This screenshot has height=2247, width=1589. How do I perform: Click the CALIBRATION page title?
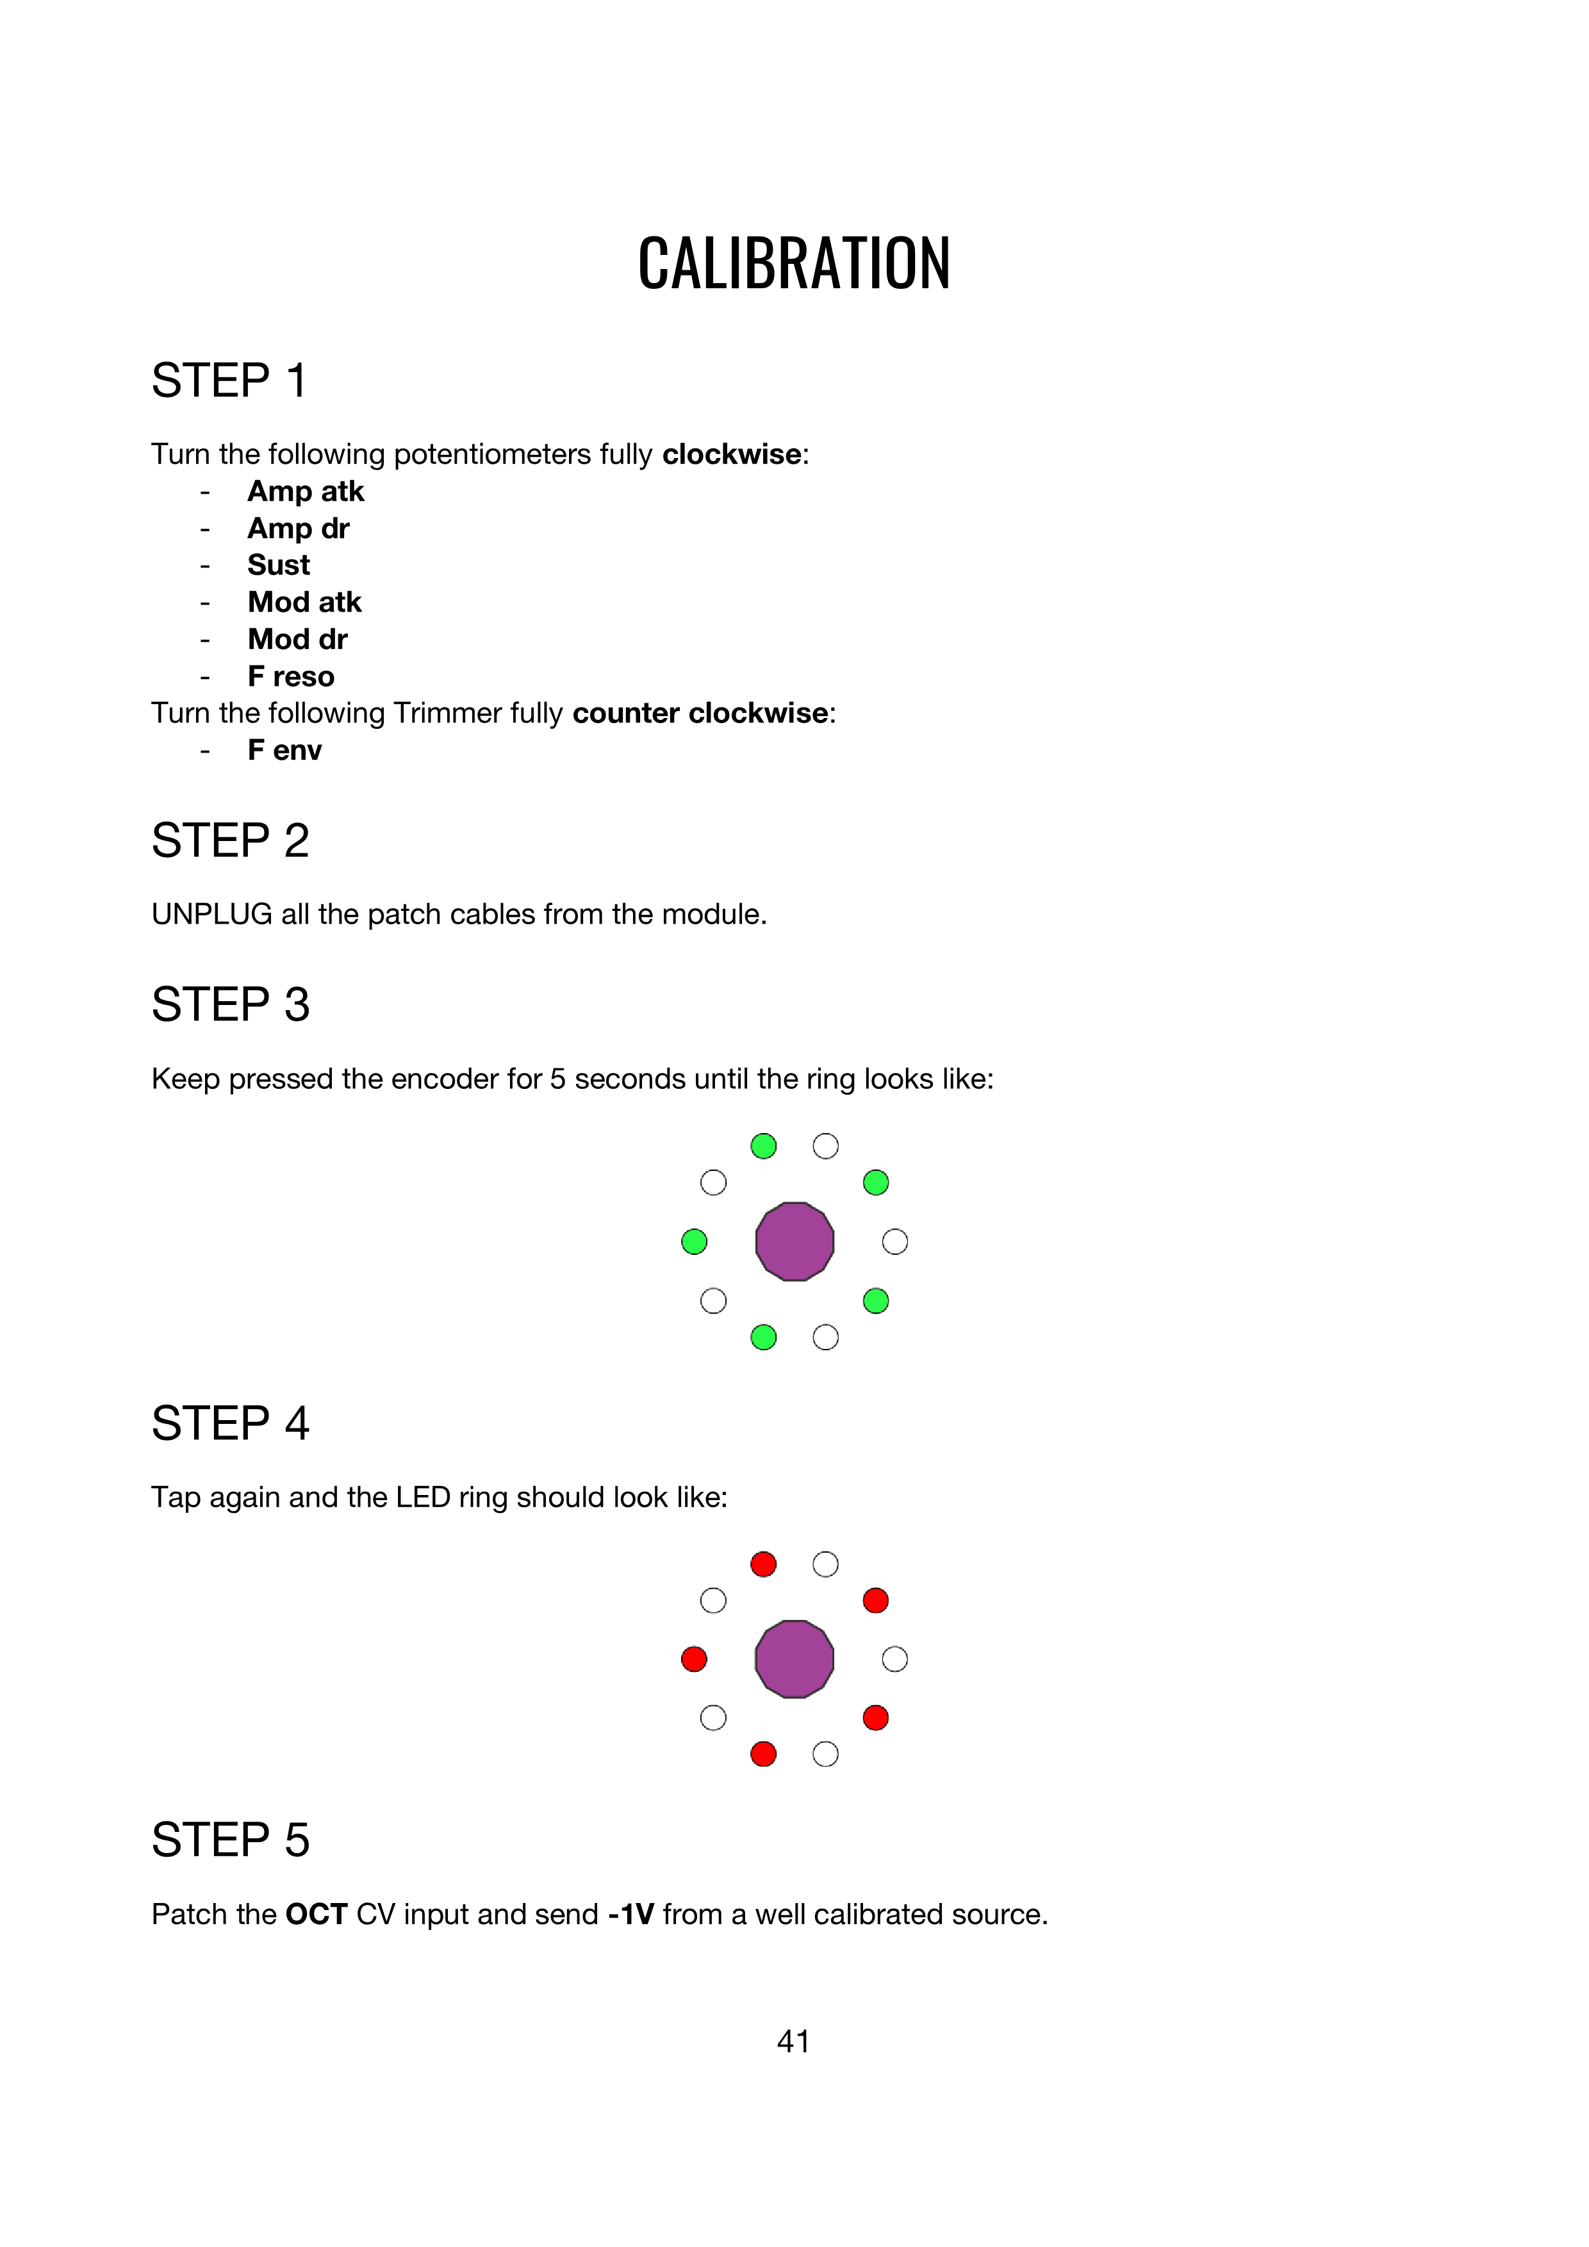coord(794,265)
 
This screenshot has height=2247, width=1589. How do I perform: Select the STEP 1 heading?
coord(229,380)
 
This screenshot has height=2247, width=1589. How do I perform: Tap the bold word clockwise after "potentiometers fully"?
coord(731,454)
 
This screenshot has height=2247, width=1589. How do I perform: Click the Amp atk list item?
coord(306,491)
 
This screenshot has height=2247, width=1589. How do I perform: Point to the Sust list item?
coord(278,566)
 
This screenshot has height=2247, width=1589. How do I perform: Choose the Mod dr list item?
coord(298,639)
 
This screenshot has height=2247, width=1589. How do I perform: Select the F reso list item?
coord(291,676)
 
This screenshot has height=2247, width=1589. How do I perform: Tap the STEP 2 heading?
coord(230,840)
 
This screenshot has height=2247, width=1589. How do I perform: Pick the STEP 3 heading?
coord(230,1005)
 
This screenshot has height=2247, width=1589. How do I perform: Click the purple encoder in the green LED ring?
coord(794,1241)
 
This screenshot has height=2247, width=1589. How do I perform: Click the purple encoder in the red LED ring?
coord(794,1659)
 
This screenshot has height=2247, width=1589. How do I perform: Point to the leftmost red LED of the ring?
coord(694,1659)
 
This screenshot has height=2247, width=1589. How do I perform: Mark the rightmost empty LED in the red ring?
coord(895,1659)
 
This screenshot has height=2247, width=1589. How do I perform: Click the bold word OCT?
coord(317,1915)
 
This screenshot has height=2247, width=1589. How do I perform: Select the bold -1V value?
coord(630,1915)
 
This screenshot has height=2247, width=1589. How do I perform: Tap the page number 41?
coord(793,2041)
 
